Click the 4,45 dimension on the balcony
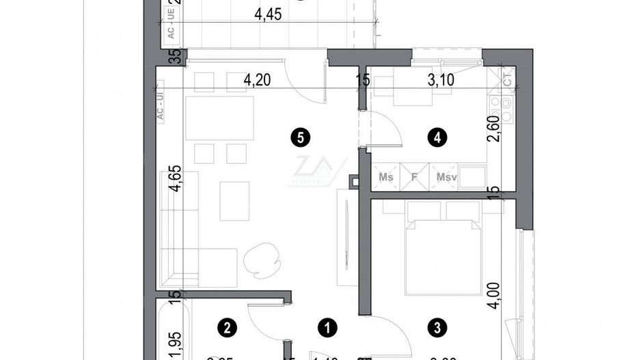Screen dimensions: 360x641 [x=269, y=15]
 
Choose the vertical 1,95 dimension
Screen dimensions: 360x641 [x=176, y=340]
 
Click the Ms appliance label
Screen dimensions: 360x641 [x=386, y=178]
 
